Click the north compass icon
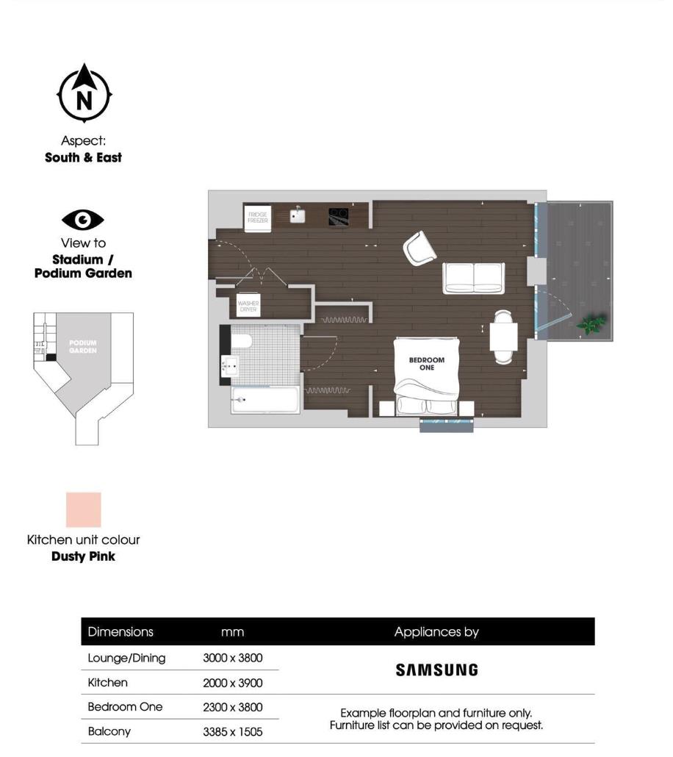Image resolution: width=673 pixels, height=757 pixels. pos(84,94)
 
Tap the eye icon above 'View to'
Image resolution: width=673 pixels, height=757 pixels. pos(83,220)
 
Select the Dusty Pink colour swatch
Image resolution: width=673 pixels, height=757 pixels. pos(83,509)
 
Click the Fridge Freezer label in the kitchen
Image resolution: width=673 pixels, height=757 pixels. pos(258,218)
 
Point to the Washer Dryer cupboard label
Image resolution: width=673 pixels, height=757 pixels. pos(248,305)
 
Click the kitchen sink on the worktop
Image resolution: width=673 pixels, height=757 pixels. pos(298,215)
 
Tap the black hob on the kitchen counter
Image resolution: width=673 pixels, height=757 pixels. pos(338,216)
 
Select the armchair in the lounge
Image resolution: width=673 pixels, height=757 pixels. pos(420,248)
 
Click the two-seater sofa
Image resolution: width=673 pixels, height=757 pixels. pos(473,277)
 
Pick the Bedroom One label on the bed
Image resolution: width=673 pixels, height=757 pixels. pos(427,363)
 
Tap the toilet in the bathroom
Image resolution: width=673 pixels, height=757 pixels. pos(241,341)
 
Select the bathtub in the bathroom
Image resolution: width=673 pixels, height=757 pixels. pos(264,401)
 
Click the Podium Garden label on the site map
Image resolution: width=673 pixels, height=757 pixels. pos(83,346)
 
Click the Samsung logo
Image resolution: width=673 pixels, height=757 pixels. pos(436,670)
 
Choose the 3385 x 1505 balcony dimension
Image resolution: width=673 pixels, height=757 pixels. pos(232,732)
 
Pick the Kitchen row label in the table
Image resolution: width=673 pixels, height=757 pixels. pos(107,683)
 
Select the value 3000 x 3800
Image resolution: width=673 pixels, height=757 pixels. pos(232,659)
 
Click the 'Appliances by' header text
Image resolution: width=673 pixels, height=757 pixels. pos(436,631)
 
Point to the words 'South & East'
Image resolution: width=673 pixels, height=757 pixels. pos(83,157)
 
